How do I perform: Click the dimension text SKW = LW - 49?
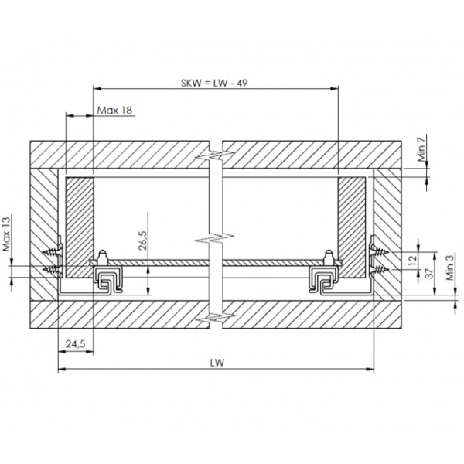pyautogui.click(x=214, y=84)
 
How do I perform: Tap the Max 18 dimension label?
pyautogui.click(x=114, y=111)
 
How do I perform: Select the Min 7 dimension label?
pyautogui.click(x=421, y=148)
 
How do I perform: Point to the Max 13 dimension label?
pyautogui.click(x=6, y=234)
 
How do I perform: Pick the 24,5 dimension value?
pyautogui.click(x=76, y=344)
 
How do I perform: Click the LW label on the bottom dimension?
pyautogui.click(x=217, y=363)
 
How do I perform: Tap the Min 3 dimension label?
pyautogui.click(x=450, y=268)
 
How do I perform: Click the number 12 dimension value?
pyautogui.click(x=413, y=260)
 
